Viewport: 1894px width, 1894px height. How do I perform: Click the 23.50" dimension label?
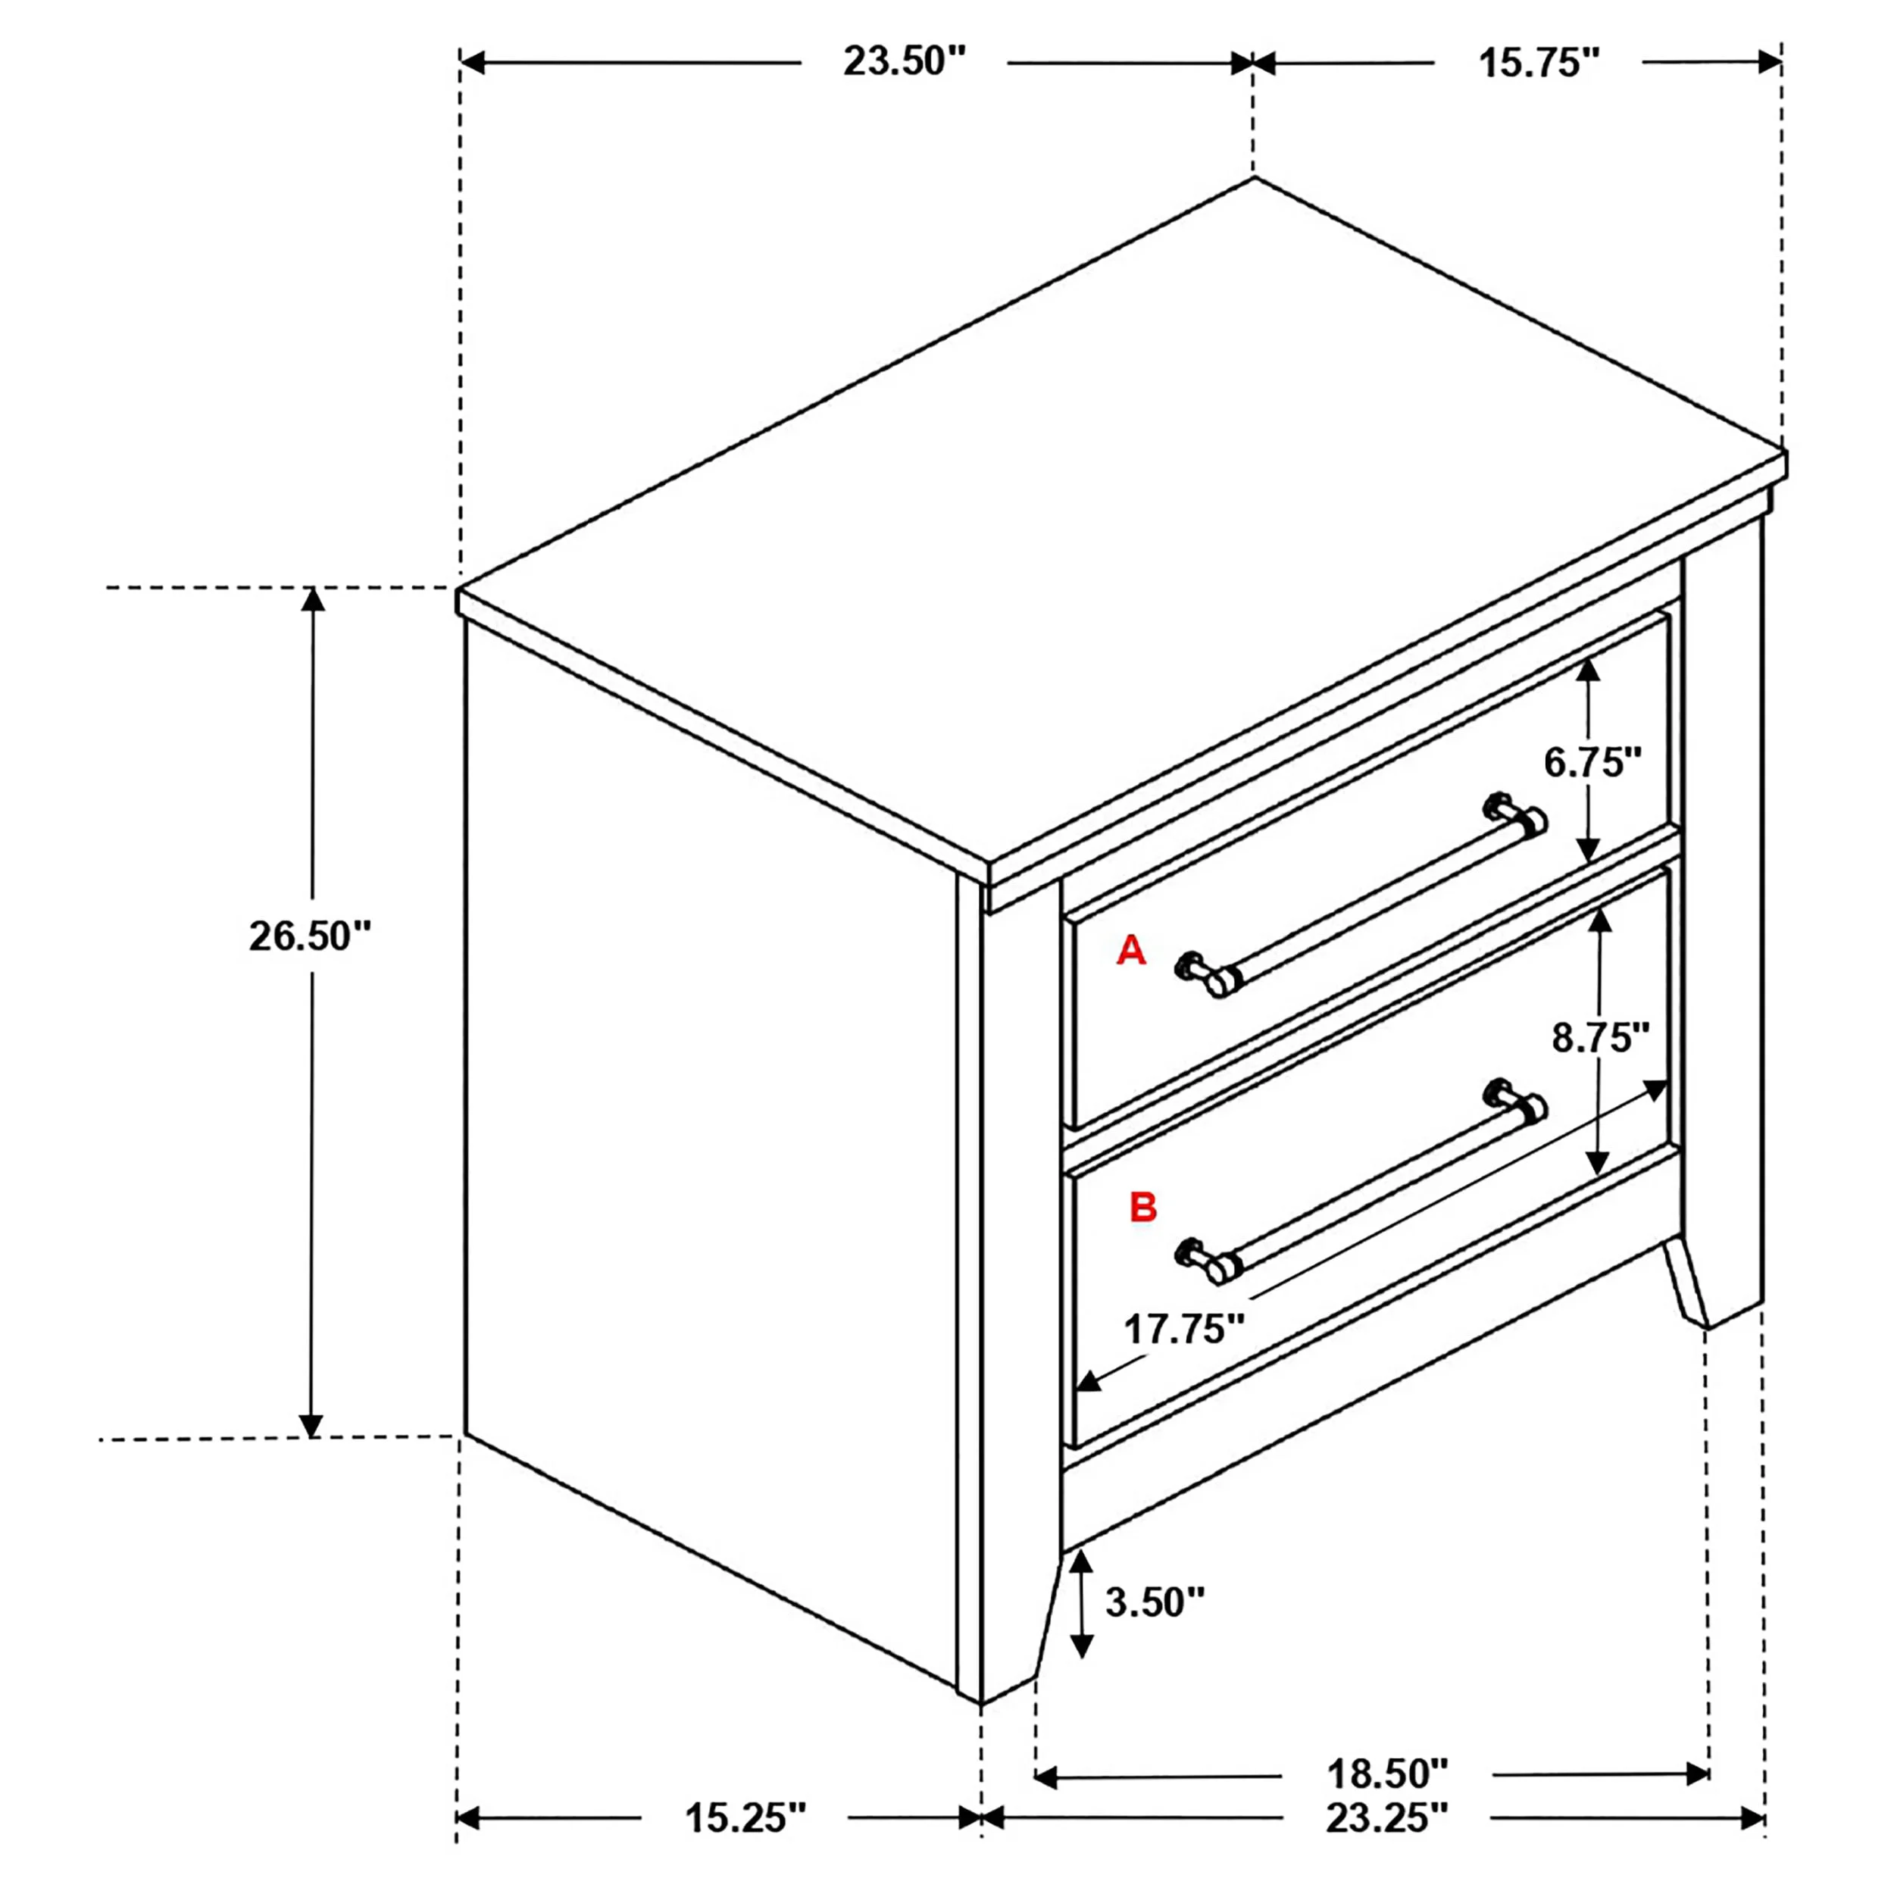(905, 62)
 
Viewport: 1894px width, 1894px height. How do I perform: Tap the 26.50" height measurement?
(311, 936)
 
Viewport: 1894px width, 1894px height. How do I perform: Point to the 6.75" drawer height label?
(1592, 761)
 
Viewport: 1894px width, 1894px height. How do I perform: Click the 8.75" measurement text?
(1601, 1036)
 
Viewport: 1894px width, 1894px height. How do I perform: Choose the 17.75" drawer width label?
(1183, 1330)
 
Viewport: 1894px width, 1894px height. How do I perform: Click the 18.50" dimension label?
(1386, 1773)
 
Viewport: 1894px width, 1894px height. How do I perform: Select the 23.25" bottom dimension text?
(1386, 1817)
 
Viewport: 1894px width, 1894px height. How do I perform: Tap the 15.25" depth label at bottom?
(745, 1817)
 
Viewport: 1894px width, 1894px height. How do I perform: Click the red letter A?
(1131, 950)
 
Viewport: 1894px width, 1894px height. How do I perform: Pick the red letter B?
(1143, 1207)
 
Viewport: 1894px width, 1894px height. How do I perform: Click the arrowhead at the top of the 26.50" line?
(311, 600)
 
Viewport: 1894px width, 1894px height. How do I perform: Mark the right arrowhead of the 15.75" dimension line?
(1770, 63)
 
